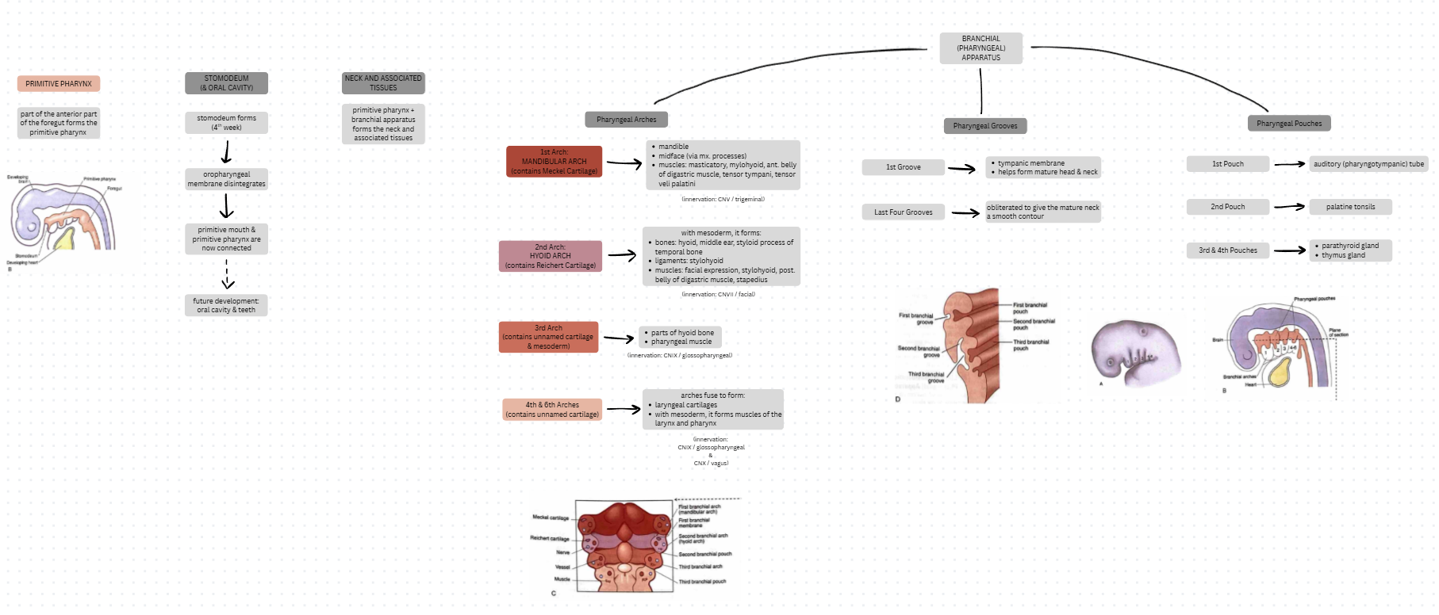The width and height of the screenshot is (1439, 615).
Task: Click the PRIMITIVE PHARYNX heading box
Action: pyautogui.click(x=59, y=83)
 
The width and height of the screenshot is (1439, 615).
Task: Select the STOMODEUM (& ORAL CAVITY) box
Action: pyautogui.click(x=226, y=82)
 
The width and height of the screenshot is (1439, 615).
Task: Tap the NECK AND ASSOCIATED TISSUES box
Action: pyautogui.click(x=383, y=82)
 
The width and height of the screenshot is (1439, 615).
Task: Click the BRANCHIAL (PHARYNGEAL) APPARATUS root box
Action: pyautogui.click(x=980, y=48)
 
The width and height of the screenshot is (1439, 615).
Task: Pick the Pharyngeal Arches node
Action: pyautogui.click(x=626, y=120)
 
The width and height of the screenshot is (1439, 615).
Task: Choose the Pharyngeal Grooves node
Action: pyautogui.click(x=984, y=125)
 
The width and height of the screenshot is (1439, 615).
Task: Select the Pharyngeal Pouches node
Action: pyautogui.click(x=1288, y=123)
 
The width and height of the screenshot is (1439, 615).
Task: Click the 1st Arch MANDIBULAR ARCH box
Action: pyautogui.click(x=554, y=161)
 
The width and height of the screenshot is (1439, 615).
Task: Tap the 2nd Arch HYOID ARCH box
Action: pyautogui.click(x=550, y=256)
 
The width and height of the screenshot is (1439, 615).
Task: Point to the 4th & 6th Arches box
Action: pyautogui.click(x=552, y=409)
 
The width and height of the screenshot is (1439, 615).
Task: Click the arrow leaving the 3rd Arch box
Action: pyautogui.click(x=619, y=338)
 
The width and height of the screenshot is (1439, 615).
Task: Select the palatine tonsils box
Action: pyautogui.click(x=1350, y=207)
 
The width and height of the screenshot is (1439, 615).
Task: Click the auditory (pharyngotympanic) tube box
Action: pyautogui.click(x=1368, y=164)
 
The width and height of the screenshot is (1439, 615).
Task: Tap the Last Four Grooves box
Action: pyautogui.click(x=903, y=212)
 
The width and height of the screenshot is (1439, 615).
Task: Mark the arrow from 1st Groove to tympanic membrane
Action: pyautogui.click(x=961, y=168)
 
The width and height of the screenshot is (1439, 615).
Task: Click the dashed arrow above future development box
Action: pyautogui.click(x=227, y=273)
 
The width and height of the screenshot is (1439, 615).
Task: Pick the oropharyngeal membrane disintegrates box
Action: pyautogui.click(x=226, y=179)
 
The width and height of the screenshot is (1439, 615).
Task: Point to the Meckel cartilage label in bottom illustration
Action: pyautogui.click(x=551, y=518)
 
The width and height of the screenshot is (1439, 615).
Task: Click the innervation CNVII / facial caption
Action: pyautogui.click(x=718, y=294)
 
